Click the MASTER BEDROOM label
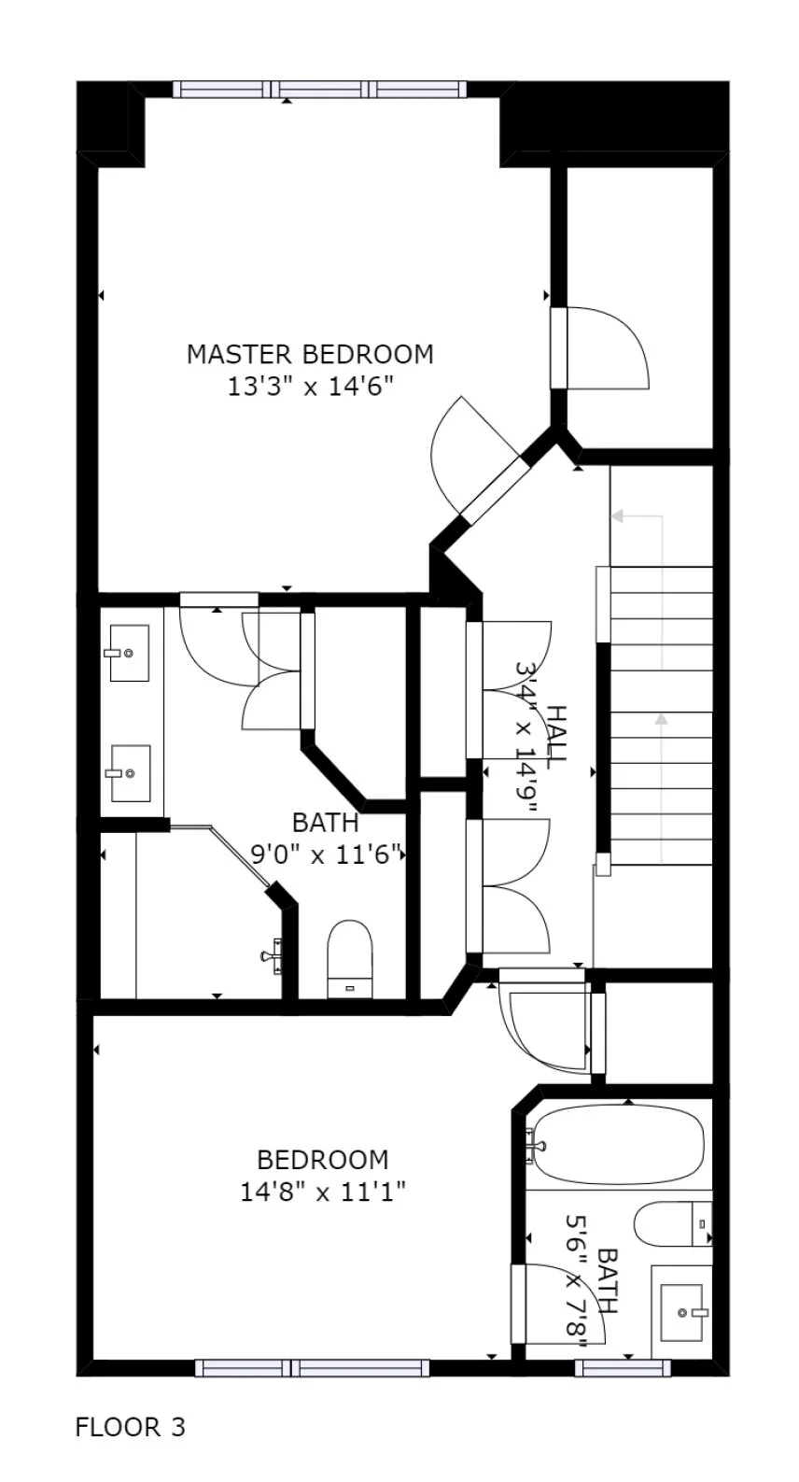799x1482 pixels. [x=310, y=355]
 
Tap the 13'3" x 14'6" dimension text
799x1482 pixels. [x=310, y=387]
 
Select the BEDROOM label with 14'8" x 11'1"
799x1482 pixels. [x=322, y=1160]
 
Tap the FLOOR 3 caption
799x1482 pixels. [x=131, y=1427]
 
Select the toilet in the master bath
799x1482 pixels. [x=350, y=958]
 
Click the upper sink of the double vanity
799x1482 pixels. [x=128, y=653]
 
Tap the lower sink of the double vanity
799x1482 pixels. [x=130, y=772]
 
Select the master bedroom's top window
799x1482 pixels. [x=318, y=91]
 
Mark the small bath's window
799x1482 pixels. [x=623, y=1368]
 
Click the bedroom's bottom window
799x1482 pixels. [x=313, y=1368]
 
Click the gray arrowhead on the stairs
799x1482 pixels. [x=662, y=719]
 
